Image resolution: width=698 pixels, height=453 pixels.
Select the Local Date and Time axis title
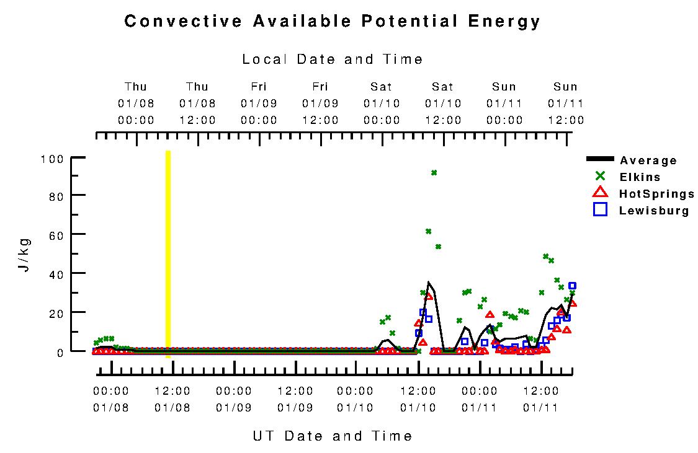tap(333, 59)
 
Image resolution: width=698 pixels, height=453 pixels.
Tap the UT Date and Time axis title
tap(333, 436)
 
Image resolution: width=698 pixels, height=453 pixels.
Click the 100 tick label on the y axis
tap(53, 159)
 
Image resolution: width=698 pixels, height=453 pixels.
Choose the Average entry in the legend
tap(648, 161)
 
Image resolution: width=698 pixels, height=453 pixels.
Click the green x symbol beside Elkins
tap(600, 177)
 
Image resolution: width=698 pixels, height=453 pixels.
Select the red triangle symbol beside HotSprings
tap(600, 193)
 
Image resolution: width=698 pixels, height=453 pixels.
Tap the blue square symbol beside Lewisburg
tap(600, 209)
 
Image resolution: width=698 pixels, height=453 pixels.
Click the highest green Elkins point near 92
tap(434, 173)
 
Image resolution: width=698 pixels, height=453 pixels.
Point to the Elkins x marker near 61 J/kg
tap(428, 231)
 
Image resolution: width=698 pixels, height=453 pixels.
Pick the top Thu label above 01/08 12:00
tap(197, 87)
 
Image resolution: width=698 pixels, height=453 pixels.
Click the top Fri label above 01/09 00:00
tap(259, 87)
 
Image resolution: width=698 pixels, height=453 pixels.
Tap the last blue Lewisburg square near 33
tap(572, 286)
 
